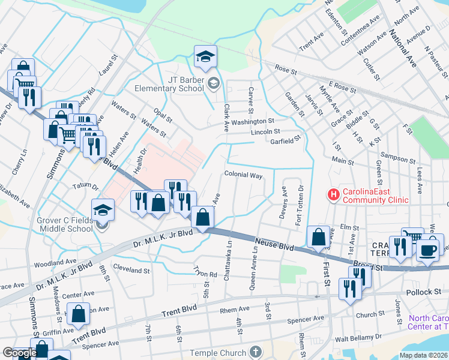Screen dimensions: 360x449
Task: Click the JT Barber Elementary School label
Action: [x=169, y=83]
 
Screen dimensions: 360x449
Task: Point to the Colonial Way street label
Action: [x=244, y=175]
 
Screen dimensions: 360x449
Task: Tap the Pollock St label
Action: [x=426, y=292]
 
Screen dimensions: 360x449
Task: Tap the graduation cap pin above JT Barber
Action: [x=206, y=57]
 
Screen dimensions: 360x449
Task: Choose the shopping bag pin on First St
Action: [x=318, y=238]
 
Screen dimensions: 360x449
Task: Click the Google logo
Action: [x=20, y=353]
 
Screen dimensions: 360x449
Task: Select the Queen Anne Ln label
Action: [x=252, y=271]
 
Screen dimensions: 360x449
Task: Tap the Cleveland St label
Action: [x=131, y=270]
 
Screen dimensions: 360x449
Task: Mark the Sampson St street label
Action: [x=399, y=161]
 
